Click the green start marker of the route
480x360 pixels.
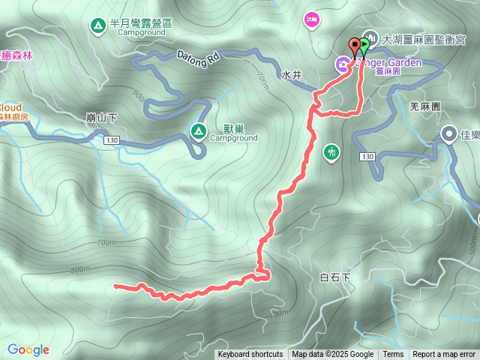[364, 45]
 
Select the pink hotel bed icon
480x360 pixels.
[313, 19]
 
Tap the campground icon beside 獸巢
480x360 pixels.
[198, 132]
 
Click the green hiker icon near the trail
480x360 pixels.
[332, 153]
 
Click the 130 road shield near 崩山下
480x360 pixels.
[112, 140]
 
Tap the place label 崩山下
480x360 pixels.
[101, 118]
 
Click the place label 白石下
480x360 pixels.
[335, 277]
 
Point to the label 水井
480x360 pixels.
[291, 76]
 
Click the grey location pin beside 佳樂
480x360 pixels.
[448, 135]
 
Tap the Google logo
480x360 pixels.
[28, 349]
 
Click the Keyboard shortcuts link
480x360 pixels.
[250, 355]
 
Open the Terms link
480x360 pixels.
[393, 355]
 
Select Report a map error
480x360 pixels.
[444, 355]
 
